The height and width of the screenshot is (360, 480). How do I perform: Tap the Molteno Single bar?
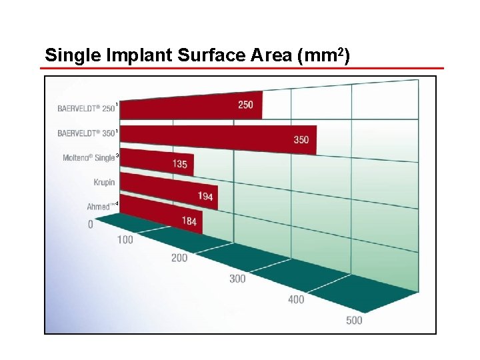pyautogui.click(x=157, y=161)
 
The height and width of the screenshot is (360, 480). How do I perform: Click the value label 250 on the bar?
pyautogui.click(x=245, y=105)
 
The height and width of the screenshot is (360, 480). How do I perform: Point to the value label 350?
pyautogui.click(x=301, y=140)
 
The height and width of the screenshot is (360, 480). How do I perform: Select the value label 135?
pyautogui.click(x=179, y=164)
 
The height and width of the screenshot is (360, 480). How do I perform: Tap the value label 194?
pyautogui.click(x=205, y=196)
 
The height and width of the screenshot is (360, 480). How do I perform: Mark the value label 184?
pyautogui.click(x=189, y=221)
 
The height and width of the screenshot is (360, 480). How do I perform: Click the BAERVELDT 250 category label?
pyautogui.click(x=86, y=109)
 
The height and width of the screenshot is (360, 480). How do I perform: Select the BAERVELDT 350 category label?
pyautogui.click(x=86, y=133)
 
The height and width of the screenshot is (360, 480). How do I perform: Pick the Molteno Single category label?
pyautogui.click(x=89, y=158)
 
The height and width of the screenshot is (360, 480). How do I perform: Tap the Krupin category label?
pyautogui.click(x=104, y=182)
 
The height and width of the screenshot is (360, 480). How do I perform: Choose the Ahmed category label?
pyautogui.click(x=100, y=207)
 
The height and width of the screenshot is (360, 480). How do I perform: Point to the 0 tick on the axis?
pyautogui.click(x=91, y=225)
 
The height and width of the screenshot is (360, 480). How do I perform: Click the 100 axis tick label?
pyautogui.click(x=125, y=240)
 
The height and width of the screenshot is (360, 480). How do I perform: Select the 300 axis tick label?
pyautogui.click(x=237, y=279)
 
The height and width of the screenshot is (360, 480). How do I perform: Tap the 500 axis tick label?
pyautogui.click(x=354, y=321)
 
